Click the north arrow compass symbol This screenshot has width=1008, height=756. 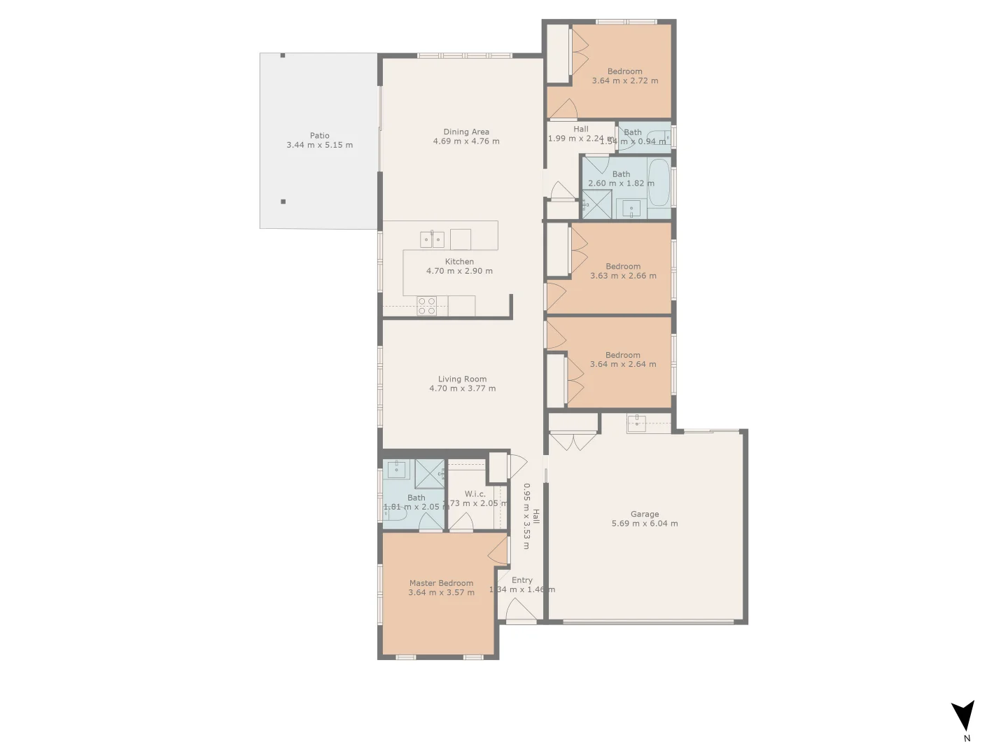963,716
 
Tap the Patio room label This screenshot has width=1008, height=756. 319,136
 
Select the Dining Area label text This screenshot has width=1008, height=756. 466,132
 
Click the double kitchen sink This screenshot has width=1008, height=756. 432,239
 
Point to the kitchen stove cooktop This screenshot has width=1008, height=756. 427,306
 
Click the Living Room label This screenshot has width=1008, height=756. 462,379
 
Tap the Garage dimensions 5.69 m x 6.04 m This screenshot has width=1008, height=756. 644,524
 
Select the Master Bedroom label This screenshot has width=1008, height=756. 441,583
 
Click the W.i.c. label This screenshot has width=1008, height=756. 475,493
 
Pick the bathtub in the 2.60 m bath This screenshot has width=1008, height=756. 659,183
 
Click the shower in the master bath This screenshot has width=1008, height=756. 429,474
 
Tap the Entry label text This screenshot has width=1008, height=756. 521,580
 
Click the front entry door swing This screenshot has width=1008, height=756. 521,611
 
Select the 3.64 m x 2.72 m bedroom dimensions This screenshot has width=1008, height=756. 624,80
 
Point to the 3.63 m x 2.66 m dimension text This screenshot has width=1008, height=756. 623,276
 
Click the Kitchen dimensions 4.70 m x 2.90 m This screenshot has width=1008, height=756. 459,271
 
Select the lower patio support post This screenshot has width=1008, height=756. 283,202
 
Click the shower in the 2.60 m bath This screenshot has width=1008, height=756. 596,204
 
